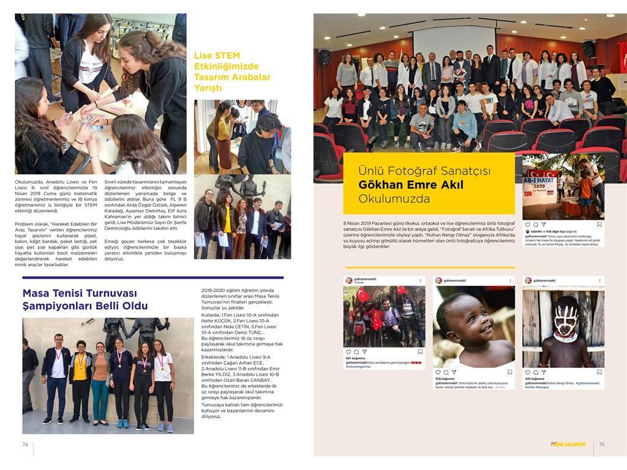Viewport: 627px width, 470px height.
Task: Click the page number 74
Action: click(x=25, y=445)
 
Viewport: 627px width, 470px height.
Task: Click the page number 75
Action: click(x=601, y=445)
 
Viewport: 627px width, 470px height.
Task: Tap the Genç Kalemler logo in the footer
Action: click(x=568, y=445)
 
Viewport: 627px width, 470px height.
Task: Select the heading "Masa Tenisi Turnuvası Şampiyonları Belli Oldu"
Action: click(x=85, y=300)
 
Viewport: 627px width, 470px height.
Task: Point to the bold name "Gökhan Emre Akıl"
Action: click(x=411, y=185)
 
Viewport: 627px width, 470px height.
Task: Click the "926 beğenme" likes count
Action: click(x=443, y=379)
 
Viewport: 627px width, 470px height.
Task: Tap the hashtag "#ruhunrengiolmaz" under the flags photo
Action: click(x=358, y=367)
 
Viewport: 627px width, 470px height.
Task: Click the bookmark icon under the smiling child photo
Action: click(x=511, y=371)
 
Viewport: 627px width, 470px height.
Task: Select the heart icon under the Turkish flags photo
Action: click(x=348, y=352)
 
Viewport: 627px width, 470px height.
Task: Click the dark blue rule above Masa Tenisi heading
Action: click(x=153, y=278)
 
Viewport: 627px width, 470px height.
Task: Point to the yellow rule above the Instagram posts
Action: click(x=430, y=267)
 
